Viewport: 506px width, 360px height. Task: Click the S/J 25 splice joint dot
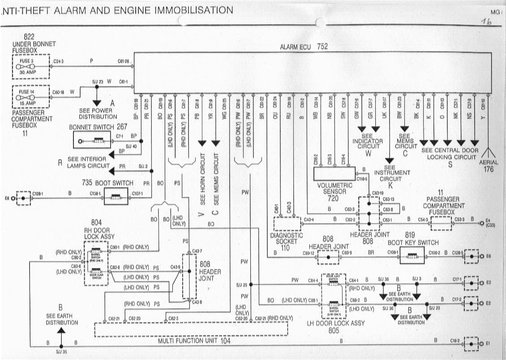tap(250, 284)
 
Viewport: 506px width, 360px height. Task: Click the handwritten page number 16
tap(485, 23)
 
